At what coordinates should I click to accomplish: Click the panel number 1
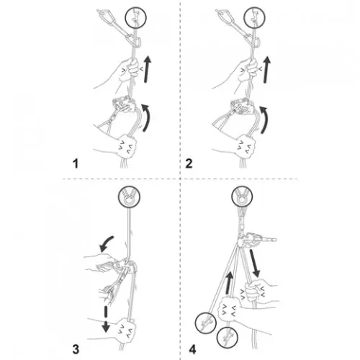coord(76,163)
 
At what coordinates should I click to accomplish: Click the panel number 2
coord(189,163)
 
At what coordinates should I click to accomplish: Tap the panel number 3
coord(76,349)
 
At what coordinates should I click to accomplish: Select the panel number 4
coord(192,349)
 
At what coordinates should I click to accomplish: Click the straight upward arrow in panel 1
coord(148,69)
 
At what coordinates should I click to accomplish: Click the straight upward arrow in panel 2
coord(266,70)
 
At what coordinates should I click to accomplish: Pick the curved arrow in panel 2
coord(264,120)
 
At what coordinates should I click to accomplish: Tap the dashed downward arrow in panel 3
coord(105,319)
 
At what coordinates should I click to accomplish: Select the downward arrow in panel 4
coord(254,263)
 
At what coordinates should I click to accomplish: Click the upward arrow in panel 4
coord(230,282)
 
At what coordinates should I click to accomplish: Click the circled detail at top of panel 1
coord(136,17)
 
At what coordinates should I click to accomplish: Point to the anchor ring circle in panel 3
coord(129,197)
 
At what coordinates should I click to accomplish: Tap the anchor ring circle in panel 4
coord(242,197)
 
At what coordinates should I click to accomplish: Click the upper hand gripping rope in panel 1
coord(127,70)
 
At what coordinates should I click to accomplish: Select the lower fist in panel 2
coord(246,146)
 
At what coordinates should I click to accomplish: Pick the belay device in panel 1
coord(125,104)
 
